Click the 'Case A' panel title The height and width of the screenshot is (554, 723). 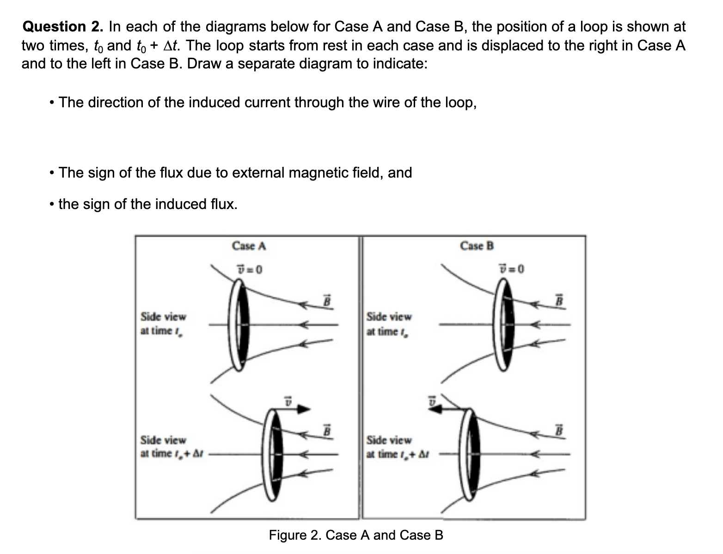pyautogui.click(x=249, y=246)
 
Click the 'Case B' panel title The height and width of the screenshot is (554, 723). pyautogui.click(x=477, y=246)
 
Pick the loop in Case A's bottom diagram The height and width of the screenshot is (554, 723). pyautogui.click(x=273, y=455)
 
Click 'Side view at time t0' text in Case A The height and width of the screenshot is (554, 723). pyautogui.click(x=163, y=324)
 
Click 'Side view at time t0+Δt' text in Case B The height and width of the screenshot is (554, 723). pyautogui.click(x=395, y=447)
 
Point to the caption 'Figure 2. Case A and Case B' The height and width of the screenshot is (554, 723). pyautogui.click(x=356, y=535)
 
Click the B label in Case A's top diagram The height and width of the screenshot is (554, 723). pyautogui.click(x=326, y=300)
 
